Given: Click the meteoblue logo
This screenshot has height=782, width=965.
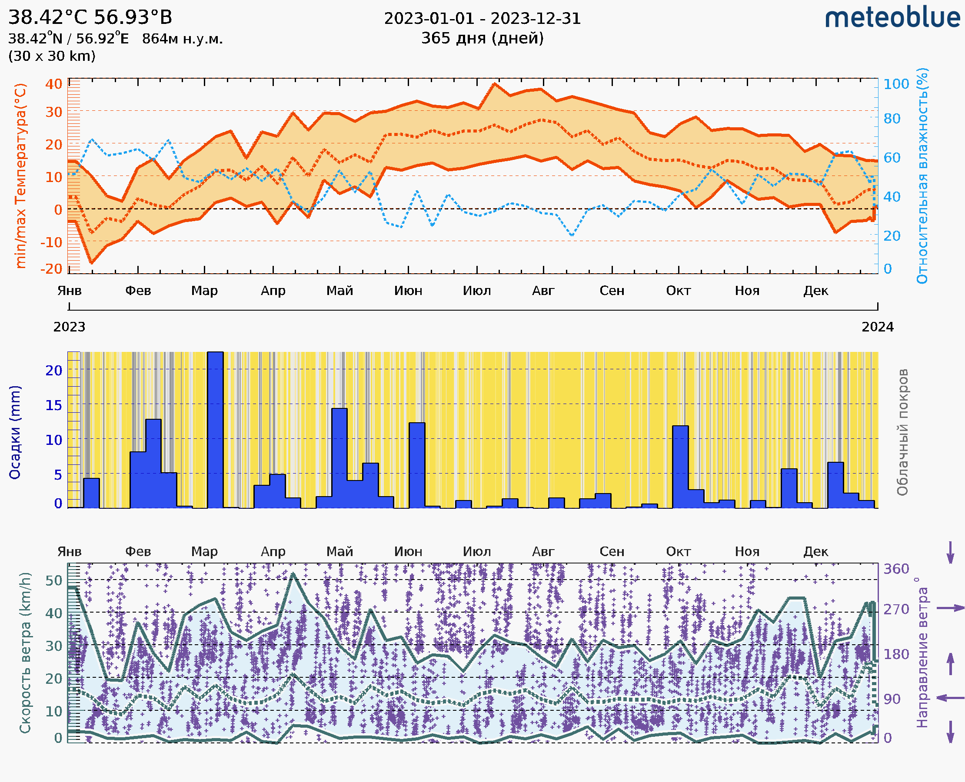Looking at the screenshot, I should pos(892,18).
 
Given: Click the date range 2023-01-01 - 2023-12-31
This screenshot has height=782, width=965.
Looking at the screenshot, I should pos(482,19).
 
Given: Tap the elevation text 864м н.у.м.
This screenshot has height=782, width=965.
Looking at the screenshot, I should pos(182,39).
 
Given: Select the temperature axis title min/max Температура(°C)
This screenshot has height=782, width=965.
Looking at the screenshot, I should pos(21,176).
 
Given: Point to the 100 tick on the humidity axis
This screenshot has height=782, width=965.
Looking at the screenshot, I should pos(895,84).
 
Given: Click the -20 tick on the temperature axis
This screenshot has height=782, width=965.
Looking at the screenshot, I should pos(51,269).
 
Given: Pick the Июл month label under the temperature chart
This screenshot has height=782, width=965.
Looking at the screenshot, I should pos(477,291).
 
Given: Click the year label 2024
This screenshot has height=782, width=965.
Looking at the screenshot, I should pos(878,327).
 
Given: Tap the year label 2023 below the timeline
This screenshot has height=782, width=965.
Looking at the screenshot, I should pos(70,327).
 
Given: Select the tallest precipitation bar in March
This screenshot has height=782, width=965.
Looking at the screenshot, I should pos(215,430).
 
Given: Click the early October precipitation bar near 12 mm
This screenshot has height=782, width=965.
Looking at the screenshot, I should pos(680,466).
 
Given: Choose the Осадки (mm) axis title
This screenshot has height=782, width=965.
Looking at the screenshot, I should pos(15,432).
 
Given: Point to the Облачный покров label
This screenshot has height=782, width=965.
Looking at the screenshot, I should pos(902,432).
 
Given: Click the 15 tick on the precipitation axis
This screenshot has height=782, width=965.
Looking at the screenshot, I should pos(53,405).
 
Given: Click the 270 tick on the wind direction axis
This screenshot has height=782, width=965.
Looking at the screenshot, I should pos(895,609).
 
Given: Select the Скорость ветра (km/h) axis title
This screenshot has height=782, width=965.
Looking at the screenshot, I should pos(25,653).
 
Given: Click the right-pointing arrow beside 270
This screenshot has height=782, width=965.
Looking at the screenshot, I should pos(950,608).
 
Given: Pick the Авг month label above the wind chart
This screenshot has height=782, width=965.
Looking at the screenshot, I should pos(543,551).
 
